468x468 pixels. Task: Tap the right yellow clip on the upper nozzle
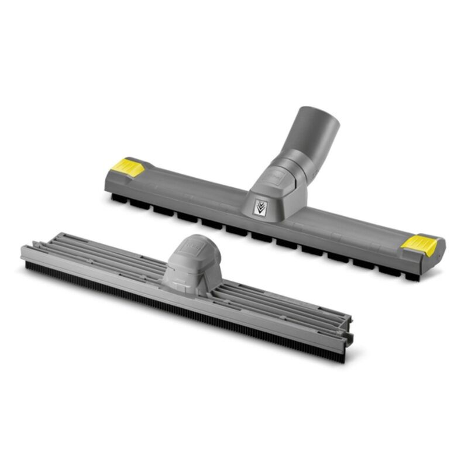420,244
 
